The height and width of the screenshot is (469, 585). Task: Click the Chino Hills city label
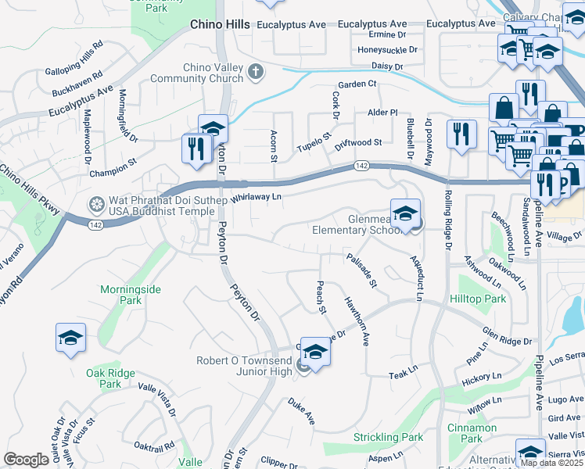coord(220,25)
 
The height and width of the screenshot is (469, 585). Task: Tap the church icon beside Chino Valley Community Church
coord(254,73)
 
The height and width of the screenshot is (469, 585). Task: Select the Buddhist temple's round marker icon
coord(97,205)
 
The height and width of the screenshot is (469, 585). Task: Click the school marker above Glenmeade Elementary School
coord(405,213)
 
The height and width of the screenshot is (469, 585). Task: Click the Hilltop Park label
coord(478,299)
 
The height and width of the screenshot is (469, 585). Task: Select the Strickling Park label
coord(388,437)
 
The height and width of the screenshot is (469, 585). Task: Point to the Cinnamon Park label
coord(472,433)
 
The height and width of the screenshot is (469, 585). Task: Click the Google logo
coord(26,459)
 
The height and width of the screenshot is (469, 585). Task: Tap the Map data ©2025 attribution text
coord(551,463)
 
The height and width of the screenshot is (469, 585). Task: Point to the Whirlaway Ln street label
coord(257,198)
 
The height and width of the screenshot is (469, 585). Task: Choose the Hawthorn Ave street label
coord(354,321)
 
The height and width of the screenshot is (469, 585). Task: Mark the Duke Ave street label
coord(301,412)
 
